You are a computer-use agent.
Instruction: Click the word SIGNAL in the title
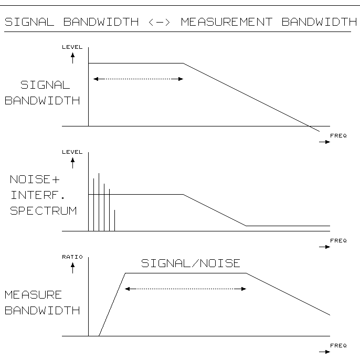31,22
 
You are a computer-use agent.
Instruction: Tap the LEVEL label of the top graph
72,47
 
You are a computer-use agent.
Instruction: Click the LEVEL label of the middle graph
72,152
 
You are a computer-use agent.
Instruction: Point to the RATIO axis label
72,257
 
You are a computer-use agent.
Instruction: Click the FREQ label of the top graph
338,136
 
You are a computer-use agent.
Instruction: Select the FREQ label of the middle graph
338,241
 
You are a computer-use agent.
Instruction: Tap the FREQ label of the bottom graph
338,346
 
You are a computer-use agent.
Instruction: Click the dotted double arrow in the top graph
138,79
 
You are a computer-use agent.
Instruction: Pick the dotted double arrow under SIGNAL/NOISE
185,289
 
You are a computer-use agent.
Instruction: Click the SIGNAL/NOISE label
190,263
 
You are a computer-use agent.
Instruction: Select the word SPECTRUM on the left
43,211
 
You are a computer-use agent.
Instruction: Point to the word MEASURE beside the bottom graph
33,295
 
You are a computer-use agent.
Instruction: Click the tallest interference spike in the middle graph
99,202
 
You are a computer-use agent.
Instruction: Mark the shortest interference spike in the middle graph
114,220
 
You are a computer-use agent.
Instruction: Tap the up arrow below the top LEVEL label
72,57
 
